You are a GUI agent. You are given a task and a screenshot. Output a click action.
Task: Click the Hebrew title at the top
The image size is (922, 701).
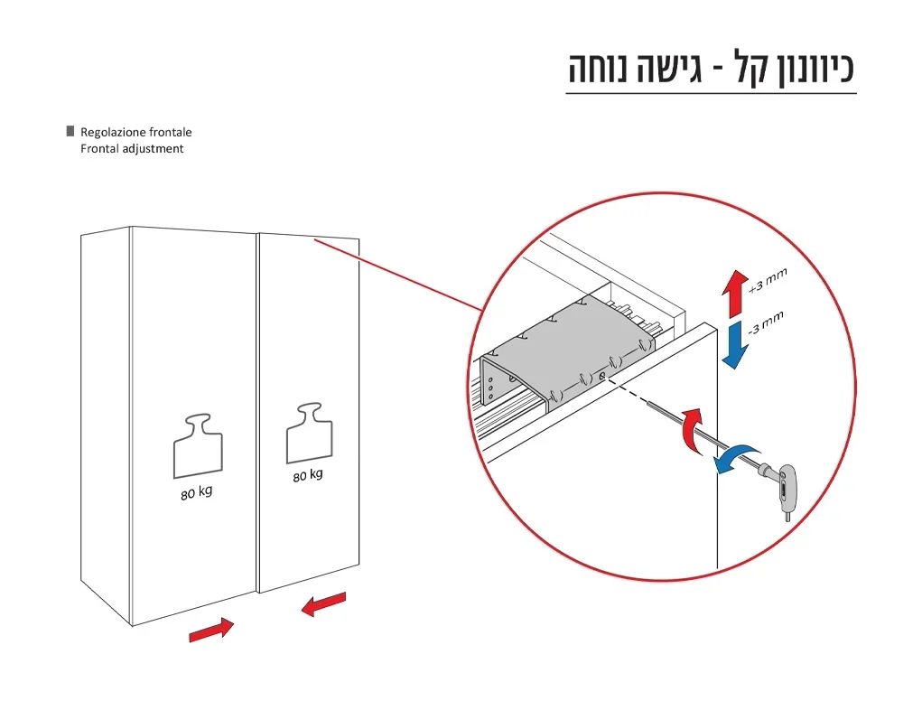click(x=710, y=69)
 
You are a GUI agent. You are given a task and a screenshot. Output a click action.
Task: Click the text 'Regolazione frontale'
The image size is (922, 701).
click(x=135, y=132)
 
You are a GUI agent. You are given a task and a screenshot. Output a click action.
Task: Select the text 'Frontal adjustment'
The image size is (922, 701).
click(x=131, y=149)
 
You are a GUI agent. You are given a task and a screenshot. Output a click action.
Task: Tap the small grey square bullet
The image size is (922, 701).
click(x=70, y=131)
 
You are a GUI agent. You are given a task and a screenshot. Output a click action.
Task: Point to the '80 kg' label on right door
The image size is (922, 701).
click(x=307, y=475)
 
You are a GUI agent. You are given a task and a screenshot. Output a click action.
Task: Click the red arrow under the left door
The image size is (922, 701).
click(x=211, y=631)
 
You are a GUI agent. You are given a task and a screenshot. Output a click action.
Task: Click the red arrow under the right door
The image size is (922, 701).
click(x=322, y=603)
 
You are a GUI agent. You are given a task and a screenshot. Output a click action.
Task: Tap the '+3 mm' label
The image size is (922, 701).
click(x=768, y=281)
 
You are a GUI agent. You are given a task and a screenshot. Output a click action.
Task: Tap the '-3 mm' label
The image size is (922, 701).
click(x=766, y=322)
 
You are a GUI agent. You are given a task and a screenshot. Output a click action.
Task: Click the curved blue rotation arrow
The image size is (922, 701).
click(x=736, y=453)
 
